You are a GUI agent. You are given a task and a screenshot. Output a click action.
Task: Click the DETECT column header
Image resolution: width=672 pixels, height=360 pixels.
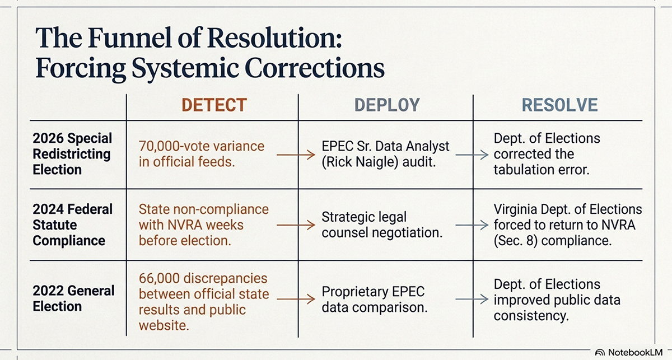coord(214,105)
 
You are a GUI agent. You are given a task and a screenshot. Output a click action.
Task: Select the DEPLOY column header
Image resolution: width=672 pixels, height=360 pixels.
coord(387,105)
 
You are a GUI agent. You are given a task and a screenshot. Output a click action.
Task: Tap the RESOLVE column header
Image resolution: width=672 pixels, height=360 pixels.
coord(560,105)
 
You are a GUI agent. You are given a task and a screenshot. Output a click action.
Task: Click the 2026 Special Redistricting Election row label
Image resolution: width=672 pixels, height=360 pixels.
coord(72,154)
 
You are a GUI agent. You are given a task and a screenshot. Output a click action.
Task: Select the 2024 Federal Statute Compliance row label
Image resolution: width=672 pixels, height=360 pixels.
coord(73,225)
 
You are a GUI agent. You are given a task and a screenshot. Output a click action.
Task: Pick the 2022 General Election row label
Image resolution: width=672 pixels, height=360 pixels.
coord(73,298)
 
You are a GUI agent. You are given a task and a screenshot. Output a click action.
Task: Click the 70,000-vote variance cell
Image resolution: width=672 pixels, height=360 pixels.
coord(202,154)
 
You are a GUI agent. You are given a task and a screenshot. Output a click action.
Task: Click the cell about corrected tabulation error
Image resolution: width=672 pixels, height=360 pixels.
coord(547,154)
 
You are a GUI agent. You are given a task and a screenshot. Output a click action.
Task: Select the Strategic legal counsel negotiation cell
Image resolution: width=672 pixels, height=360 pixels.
coord(382,225)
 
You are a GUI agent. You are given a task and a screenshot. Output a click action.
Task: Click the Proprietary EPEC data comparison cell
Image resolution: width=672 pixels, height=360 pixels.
coord(375,300)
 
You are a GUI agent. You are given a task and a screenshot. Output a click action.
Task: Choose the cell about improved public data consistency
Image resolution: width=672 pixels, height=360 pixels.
coord(557,300)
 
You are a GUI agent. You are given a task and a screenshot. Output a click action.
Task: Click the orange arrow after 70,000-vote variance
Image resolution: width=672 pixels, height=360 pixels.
coord(296,155)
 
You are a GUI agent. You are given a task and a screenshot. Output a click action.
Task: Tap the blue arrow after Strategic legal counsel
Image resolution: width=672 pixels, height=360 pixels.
coord(472,225)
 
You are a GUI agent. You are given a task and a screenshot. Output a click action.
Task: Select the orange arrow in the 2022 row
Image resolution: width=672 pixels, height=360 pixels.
coord(296,299)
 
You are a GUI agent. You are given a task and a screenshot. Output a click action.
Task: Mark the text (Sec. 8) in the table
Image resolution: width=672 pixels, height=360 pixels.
coord(515,241)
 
